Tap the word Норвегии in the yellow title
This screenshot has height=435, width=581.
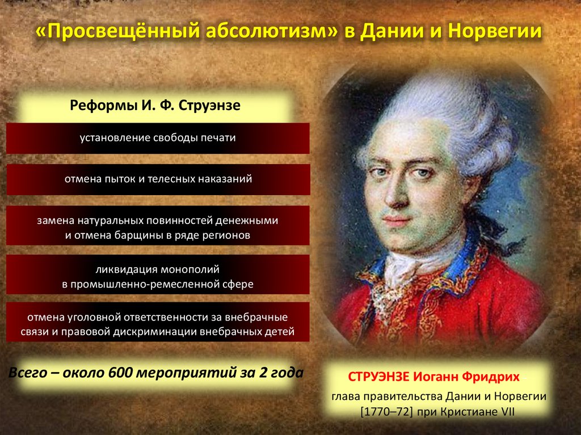point(495,32)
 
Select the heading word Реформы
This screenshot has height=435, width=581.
point(103,105)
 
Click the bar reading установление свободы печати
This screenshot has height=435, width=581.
point(158,138)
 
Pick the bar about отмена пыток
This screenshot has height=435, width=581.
point(158,179)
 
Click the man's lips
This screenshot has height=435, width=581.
point(395,221)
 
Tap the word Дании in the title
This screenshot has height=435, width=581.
point(391,32)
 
